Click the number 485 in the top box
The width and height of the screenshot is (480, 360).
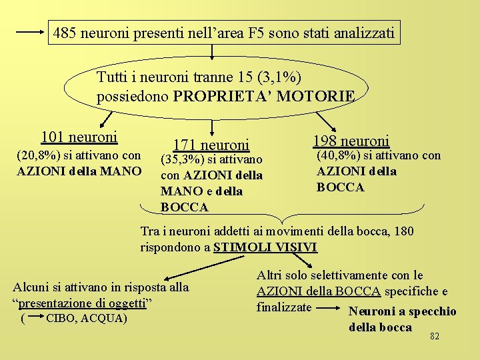point(65,32)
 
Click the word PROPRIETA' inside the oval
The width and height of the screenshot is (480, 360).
point(219,96)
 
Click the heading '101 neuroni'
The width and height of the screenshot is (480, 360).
point(79,137)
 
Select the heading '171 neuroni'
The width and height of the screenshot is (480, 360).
point(211,145)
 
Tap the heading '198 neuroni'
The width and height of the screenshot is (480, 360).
point(351,141)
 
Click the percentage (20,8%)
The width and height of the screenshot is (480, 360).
point(37,155)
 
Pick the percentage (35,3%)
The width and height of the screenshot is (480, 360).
point(182,159)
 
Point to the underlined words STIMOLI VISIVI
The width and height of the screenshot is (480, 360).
point(265,247)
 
